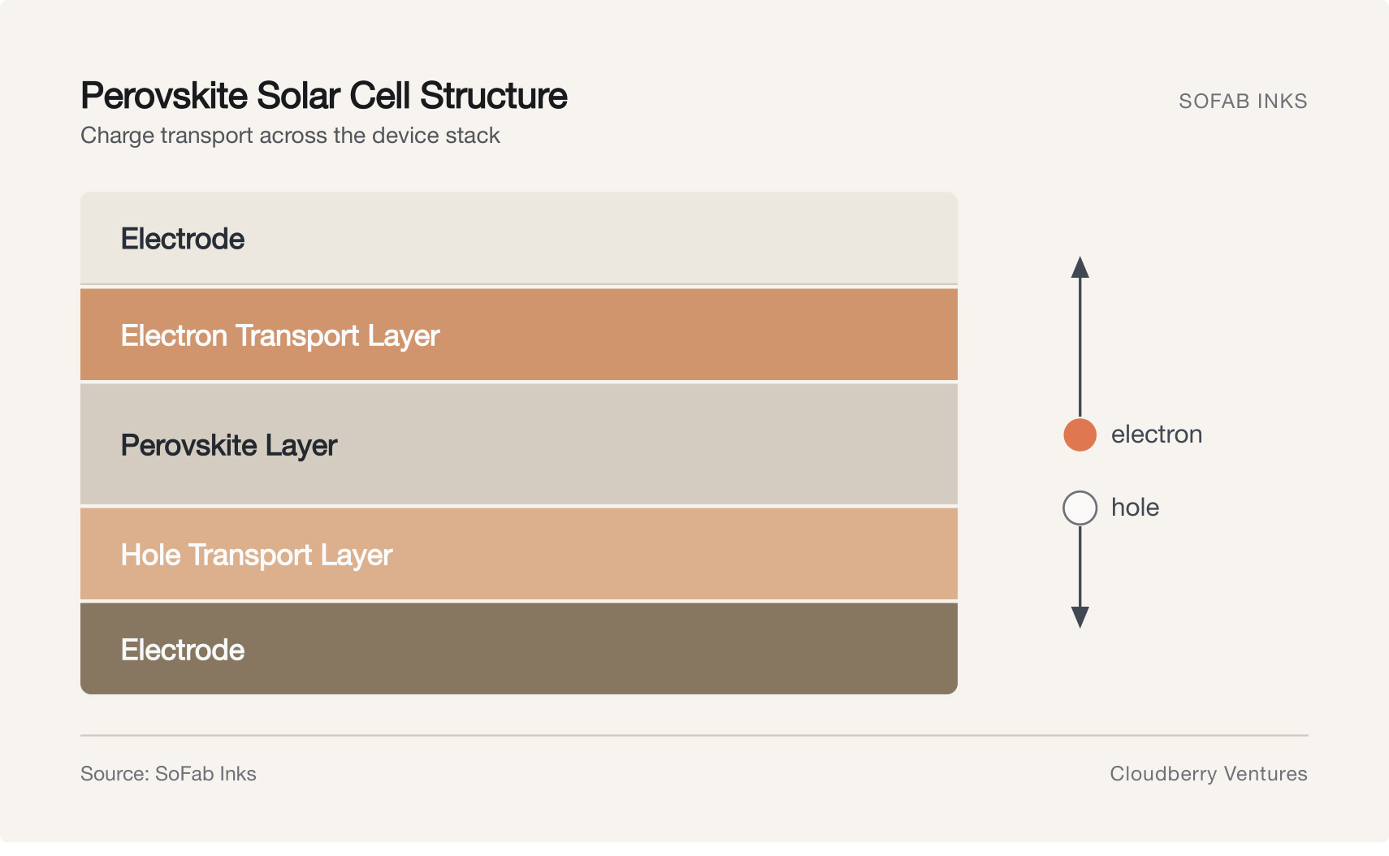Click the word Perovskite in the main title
pyautogui.click(x=164, y=96)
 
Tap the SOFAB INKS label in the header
pyautogui.click(x=1243, y=101)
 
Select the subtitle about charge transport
pyautogui.click(x=290, y=136)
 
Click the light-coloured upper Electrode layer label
pyautogui.click(x=182, y=240)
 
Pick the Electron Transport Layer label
pyautogui.click(x=280, y=336)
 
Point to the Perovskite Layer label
pyautogui.click(x=229, y=446)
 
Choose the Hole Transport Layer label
pyautogui.click(x=257, y=556)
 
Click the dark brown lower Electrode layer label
pyautogui.click(x=182, y=651)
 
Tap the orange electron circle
pyautogui.click(x=1080, y=434)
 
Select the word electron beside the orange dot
pyautogui.click(x=1157, y=434)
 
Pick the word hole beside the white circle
pyautogui.click(x=1135, y=508)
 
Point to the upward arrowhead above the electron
pyautogui.click(x=1080, y=267)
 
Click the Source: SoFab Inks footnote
pyautogui.click(x=168, y=774)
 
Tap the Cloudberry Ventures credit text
pyautogui.click(x=1209, y=774)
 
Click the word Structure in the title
pyautogui.click(x=494, y=96)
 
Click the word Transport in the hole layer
pyautogui.click(x=250, y=556)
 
